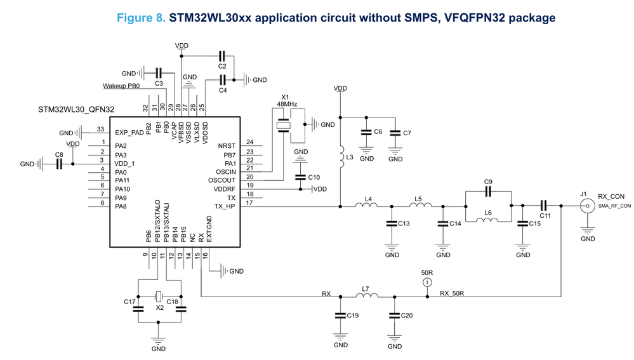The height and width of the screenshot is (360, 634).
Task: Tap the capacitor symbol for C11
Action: coord(544,205)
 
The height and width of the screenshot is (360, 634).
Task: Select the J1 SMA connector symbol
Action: coord(587,206)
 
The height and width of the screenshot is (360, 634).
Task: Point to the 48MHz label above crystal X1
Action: coord(286,103)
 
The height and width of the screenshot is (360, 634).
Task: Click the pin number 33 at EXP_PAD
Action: coord(100,129)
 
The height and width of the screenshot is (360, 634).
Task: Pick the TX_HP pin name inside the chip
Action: coord(225,206)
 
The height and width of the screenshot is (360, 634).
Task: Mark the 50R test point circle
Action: coord(428,282)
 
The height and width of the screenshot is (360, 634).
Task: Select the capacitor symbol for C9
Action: coord(488,190)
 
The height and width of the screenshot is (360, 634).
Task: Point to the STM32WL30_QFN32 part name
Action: coord(76,110)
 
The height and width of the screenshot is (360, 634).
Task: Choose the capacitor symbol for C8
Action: coord(59,164)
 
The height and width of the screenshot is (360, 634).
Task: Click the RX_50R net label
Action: coord(452,293)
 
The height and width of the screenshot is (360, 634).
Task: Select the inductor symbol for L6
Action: coord(487,220)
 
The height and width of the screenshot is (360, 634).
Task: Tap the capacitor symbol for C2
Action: coord(221,56)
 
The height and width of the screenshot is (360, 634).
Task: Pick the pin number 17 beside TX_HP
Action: coord(250,203)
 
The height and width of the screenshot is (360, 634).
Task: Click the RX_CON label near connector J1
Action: coord(611,197)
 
